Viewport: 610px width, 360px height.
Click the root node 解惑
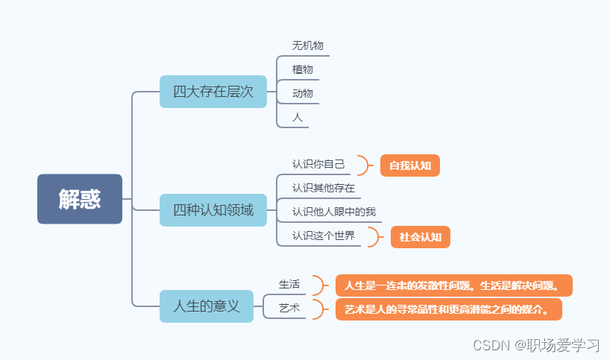(80, 199)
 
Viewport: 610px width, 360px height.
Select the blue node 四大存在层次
(213, 92)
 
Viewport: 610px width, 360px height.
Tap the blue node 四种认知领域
(213, 210)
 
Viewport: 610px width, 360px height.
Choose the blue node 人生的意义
(207, 306)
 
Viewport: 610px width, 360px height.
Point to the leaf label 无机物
(308, 45)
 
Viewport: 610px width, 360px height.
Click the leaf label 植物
(303, 69)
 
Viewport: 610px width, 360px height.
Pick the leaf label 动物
(303, 93)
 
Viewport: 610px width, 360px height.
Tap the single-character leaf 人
(298, 117)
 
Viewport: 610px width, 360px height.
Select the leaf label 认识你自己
(318, 164)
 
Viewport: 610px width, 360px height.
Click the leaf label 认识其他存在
(324, 188)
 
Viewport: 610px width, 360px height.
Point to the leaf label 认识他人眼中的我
(334, 212)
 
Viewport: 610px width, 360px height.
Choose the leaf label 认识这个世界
(324, 236)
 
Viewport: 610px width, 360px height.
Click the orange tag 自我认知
(410, 165)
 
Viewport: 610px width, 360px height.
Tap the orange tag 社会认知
(421, 237)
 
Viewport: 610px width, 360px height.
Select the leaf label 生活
(289, 284)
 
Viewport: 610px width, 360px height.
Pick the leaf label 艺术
(289, 307)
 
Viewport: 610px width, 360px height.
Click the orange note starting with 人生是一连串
(453, 285)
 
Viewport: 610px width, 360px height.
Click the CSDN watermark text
(536, 345)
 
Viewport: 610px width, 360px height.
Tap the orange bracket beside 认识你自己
(365, 165)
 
